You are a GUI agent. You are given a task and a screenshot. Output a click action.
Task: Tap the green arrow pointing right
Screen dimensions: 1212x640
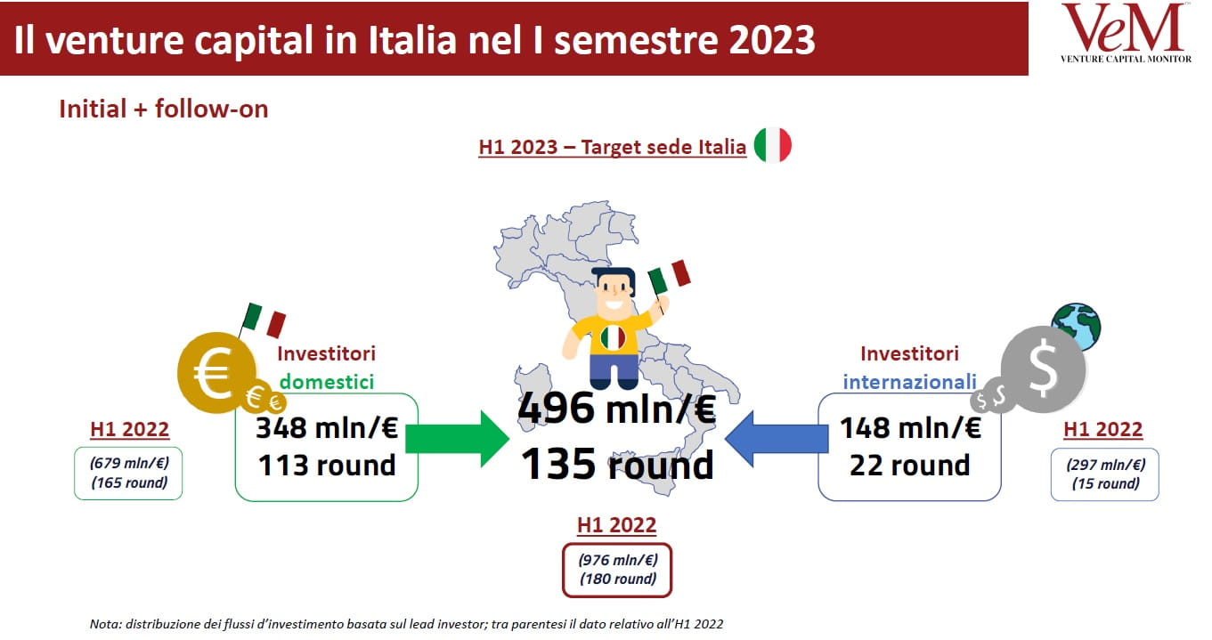[457, 439]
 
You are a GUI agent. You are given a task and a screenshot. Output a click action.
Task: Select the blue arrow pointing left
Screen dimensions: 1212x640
[777, 439]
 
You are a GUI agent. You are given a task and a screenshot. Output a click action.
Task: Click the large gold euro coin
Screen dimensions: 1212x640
[216, 372]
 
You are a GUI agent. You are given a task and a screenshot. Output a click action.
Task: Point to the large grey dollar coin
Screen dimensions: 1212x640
[1043, 369]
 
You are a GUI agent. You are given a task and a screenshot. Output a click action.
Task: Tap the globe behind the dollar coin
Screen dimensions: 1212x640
[1077, 326]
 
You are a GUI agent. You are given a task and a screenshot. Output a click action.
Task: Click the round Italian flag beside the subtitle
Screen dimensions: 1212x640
[773, 145]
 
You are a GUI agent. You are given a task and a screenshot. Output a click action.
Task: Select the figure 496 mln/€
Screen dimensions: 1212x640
[617, 409]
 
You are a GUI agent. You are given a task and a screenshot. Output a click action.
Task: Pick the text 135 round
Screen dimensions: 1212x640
[617, 464]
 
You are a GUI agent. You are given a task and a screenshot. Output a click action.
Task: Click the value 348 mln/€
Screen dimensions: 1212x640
[327, 428]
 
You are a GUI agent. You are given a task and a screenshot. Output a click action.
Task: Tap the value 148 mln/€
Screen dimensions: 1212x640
[910, 428]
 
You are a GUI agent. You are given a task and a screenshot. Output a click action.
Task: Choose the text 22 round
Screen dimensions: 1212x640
[909, 466]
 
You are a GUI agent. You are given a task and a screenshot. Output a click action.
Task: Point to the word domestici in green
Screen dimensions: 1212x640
[327, 382]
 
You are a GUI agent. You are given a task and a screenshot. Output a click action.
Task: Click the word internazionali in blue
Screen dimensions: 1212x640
[909, 382]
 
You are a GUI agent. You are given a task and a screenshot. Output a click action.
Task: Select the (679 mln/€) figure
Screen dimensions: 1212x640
[129, 463]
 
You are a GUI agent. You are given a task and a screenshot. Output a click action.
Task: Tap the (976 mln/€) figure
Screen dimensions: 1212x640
[618, 560]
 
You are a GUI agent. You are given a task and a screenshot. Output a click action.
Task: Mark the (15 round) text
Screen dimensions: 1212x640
[1105, 483]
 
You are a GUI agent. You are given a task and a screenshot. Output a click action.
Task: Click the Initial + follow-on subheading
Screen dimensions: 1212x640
[163, 109]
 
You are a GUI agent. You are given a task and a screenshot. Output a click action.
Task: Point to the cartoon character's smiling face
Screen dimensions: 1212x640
[614, 292]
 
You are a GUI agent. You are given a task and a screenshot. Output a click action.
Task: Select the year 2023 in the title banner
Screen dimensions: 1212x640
[771, 39]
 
